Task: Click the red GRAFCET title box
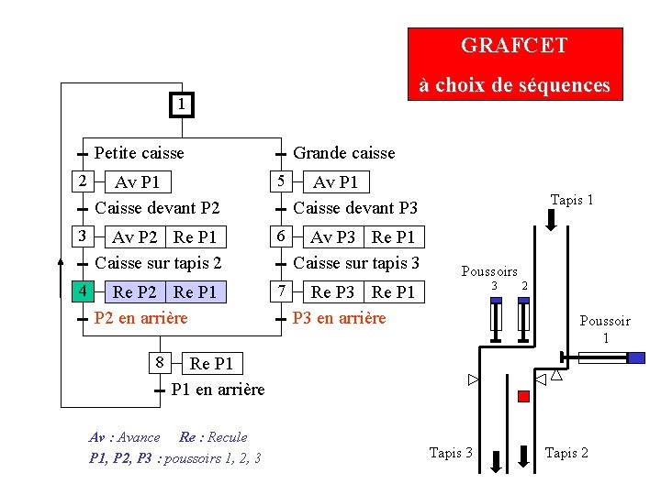coord(514,63)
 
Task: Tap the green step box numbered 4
coord(83,291)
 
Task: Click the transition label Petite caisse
coord(139,153)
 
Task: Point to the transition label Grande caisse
coord(343,153)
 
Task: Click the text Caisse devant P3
coord(354,208)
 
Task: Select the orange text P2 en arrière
coord(140,318)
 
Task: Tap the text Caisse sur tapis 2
coord(158,263)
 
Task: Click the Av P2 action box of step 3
coord(136,237)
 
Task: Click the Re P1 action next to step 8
coord(211,364)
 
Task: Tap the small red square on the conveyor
coord(524,396)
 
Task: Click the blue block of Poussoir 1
coord(635,357)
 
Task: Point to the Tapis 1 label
coord(571,200)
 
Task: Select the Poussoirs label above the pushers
coord(488,271)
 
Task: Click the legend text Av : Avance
coord(125,437)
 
